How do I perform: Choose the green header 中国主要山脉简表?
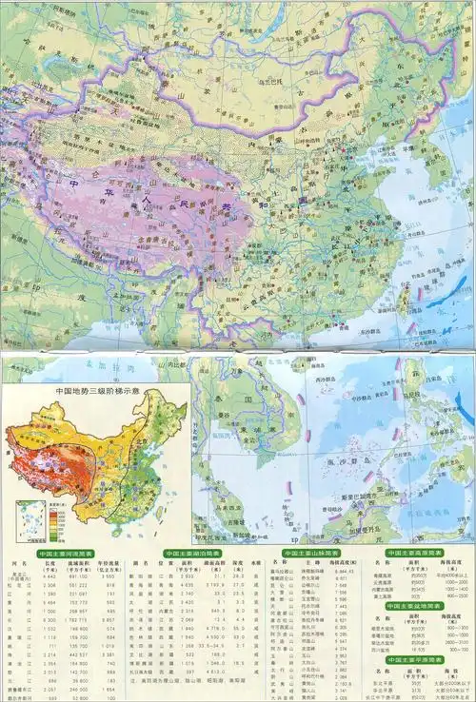click(x=312, y=553)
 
